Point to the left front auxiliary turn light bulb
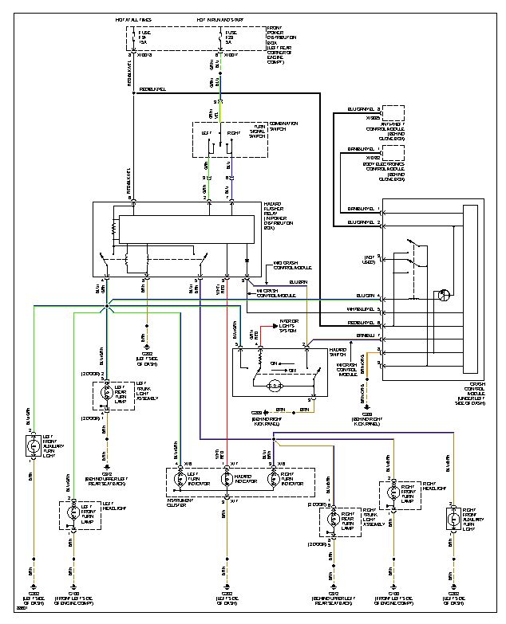(34, 447)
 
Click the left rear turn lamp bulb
(105, 393)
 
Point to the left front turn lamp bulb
(73, 515)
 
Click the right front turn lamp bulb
(392, 493)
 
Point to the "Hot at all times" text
(133, 16)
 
